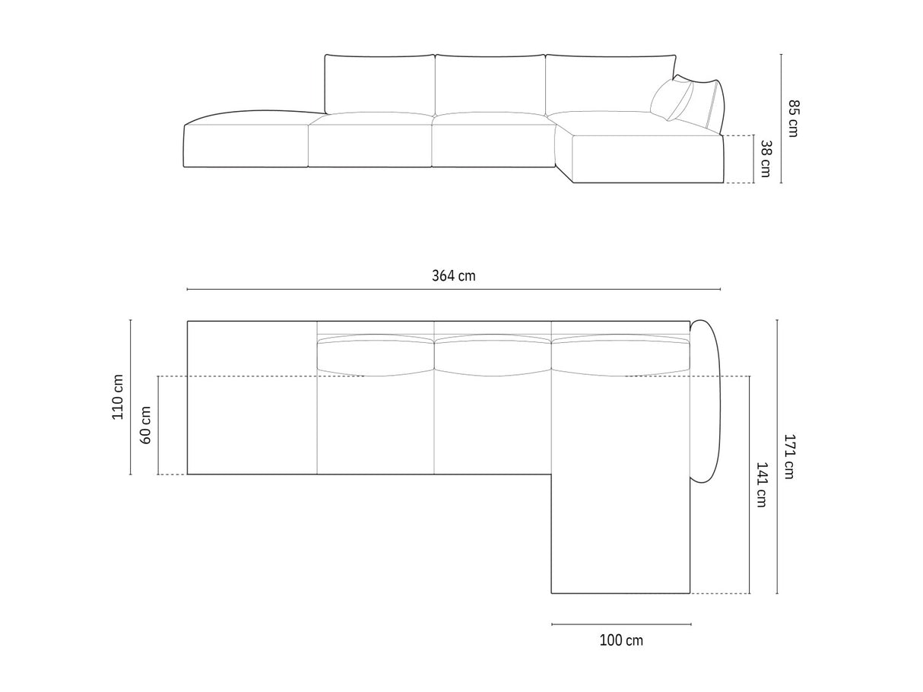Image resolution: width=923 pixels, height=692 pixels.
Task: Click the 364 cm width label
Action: [x=453, y=276]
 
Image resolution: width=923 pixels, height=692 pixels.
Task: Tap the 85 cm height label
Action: [x=793, y=118]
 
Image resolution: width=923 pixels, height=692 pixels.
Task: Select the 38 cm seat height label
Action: [x=766, y=158]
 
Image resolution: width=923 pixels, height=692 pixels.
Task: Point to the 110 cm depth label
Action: [x=118, y=396]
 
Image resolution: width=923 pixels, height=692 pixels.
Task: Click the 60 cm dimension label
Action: [x=145, y=425]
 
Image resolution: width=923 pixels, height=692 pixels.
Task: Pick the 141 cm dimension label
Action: [x=763, y=484]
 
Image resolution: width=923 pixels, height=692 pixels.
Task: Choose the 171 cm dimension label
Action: [x=789, y=456]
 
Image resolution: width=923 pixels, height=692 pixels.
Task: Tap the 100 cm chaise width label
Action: [x=621, y=640]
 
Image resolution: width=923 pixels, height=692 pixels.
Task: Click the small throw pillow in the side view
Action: [x=671, y=100]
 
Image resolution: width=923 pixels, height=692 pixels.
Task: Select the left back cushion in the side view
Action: [x=380, y=84]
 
